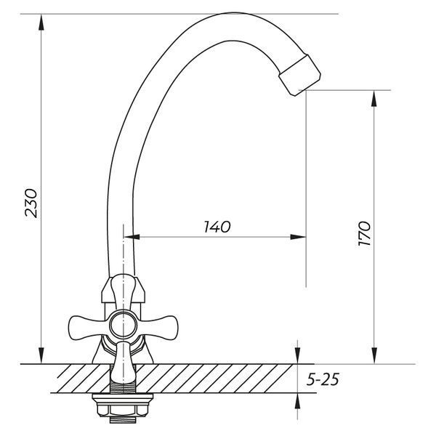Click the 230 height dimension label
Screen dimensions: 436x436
click(x=31, y=203)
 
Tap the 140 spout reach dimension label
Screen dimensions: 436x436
click(x=217, y=227)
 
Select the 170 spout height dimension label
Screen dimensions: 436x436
click(x=364, y=233)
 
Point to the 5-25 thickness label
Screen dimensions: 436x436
click(x=323, y=379)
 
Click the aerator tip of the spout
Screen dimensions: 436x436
click(x=299, y=75)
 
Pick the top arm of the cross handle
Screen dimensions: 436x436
click(x=123, y=292)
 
